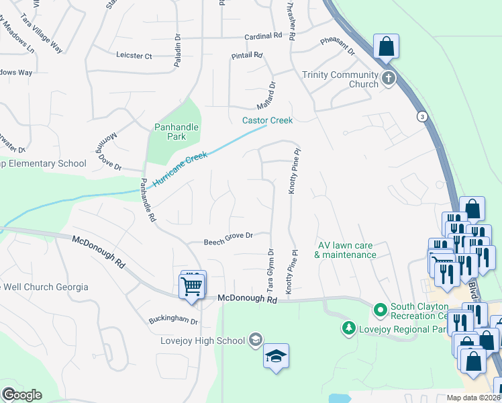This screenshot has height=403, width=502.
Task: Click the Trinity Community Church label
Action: pyautogui.click(x=340, y=79)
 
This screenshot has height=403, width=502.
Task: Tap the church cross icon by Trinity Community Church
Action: pyautogui.click(x=389, y=79)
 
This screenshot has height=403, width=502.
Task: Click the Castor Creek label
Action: pyautogui.click(x=268, y=120)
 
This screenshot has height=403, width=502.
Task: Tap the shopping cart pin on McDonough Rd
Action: pyautogui.click(x=192, y=286)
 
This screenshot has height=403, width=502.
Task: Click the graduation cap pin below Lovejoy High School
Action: pyautogui.click(x=275, y=356)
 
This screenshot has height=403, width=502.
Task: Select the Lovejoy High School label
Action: pyautogui.click(x=203, y=340)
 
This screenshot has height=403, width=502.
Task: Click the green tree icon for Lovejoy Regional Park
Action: pyautogui.click(x=348, y=328)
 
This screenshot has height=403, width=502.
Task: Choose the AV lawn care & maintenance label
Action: pyautogui.click(x=347, y=250)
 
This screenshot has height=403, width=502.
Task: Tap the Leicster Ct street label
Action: pyautogui.click(x=134, y=56)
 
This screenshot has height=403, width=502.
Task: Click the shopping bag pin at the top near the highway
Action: pyautogui.click(x=386, y=46)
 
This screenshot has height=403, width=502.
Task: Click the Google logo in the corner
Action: pyautogui.click(x=21, y=394)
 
